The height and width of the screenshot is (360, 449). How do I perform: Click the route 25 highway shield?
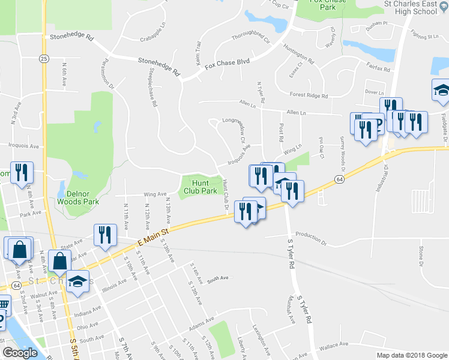tap(44, 58)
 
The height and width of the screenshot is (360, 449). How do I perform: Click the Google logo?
tap(20, 353)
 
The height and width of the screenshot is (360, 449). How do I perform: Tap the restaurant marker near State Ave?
tap(105, 235)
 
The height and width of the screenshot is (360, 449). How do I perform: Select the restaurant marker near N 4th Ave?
tap(22, 173)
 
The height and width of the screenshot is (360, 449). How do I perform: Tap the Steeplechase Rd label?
tap(152, 87)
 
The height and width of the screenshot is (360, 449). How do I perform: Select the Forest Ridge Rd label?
tap(308, 94)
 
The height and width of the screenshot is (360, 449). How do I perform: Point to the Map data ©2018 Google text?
tap(411, 355)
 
